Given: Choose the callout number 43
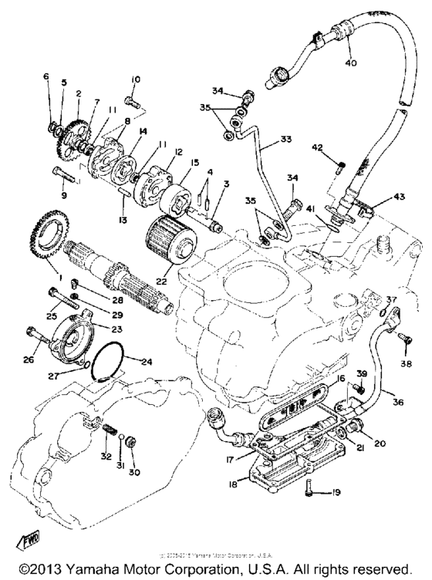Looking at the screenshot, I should (399, 197).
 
